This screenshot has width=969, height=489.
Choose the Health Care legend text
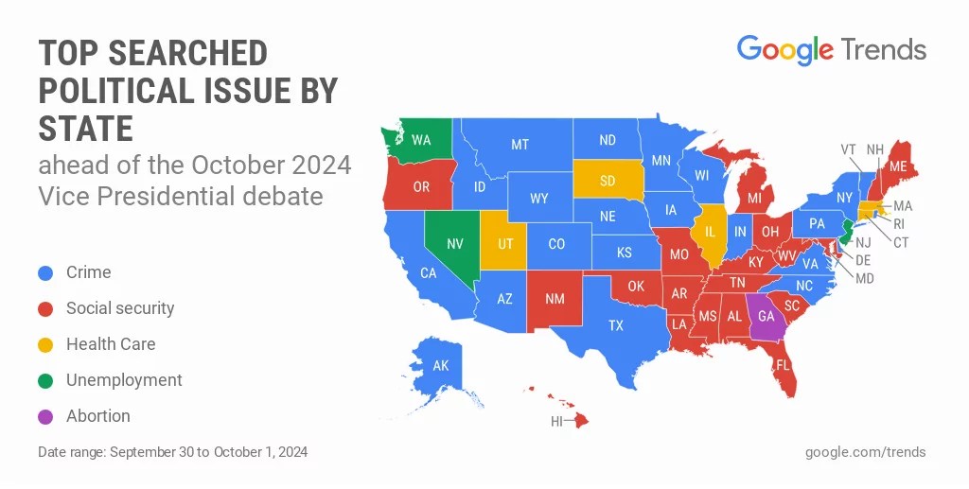pyautogui.click(x=111, y=344)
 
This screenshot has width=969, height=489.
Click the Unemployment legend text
pyautogui.click(x=124, y=380)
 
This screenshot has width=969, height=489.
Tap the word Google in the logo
pyautogui.click(x=784, y=49)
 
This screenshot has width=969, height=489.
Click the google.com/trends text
pyautogui.click(x=865, y=452)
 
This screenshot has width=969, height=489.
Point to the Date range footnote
pyautogui.click(x=172, y=452)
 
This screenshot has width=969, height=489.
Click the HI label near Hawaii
pyautogui.click(x=557, y=422)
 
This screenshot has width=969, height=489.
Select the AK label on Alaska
pyautogui.click(x=441, y=365)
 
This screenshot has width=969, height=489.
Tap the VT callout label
pyautogui.click(x=849, y=149)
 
